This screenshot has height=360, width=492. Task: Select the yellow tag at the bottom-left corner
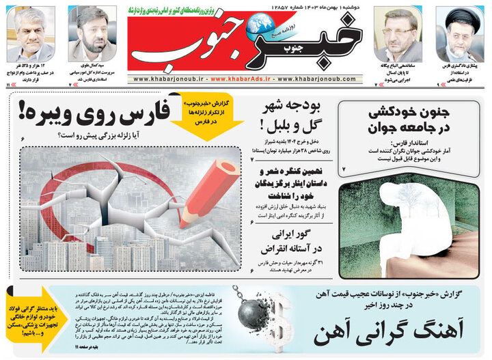tap(34, 317)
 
